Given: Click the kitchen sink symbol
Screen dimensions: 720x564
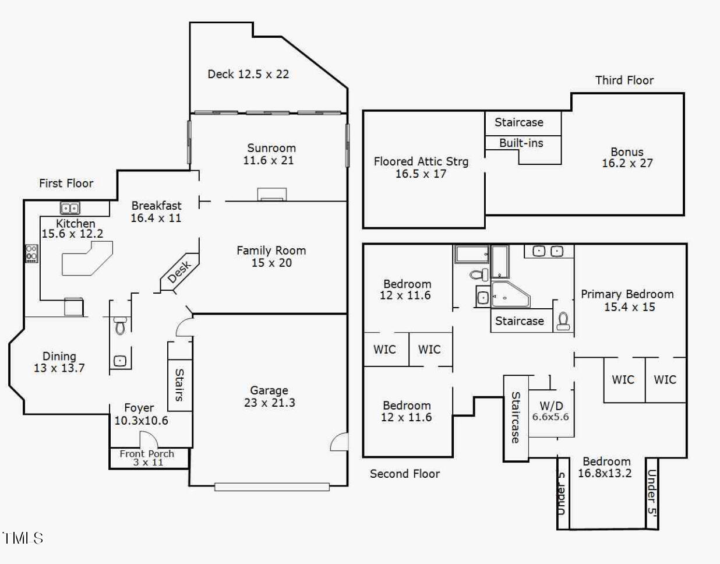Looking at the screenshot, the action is click(x=70, y=208).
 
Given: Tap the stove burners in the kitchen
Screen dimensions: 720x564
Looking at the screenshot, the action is click(x=32, y=253).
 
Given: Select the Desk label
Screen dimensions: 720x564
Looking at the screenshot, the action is click(x=179, y=272).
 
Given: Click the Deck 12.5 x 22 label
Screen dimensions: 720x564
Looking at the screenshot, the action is click(x=248, y=74).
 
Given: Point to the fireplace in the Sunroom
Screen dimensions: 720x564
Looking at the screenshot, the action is click(x=272, y=194).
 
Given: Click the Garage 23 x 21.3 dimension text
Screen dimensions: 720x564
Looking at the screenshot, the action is click(x=269, y=403).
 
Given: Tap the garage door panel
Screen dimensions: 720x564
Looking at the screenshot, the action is click(x=272, y=487).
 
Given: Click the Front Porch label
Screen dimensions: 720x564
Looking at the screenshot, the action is click(x=147, y=454).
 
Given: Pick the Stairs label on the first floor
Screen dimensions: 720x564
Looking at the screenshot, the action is click(x=179, y=385).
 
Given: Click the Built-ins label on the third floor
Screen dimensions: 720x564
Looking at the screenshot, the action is click(x=521, y=143).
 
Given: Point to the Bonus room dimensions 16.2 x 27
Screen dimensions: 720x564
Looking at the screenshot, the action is click(x=627, y=163).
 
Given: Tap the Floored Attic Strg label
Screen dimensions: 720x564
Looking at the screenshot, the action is click(x=421, y=162).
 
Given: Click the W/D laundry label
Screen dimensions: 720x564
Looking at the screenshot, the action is click(x=551, y=406).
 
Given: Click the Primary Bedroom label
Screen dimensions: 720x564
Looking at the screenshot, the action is click(x=627, y=294).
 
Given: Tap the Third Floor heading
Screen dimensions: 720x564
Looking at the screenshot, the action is click(x=624, y=80).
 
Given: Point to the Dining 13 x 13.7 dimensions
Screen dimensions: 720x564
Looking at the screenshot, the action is click(x=59, y=368).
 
